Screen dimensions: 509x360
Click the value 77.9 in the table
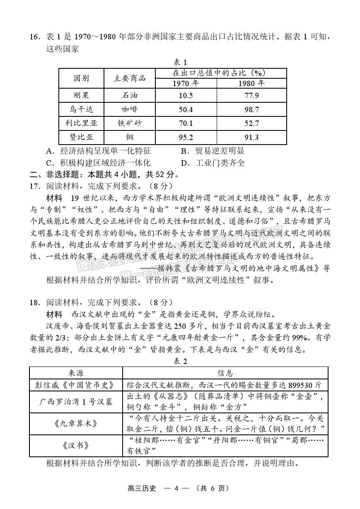(251, 96)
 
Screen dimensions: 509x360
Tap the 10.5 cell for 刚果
(186, 96)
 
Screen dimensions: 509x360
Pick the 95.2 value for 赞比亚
(186, 137)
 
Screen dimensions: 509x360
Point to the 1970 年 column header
(186, 83)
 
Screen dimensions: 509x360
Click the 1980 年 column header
(251, 83)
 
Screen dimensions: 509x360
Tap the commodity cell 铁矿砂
(130, 123)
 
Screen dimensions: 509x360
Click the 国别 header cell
(81, 78)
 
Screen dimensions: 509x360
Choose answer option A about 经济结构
(99, 151)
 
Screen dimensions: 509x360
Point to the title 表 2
(180, 361)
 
